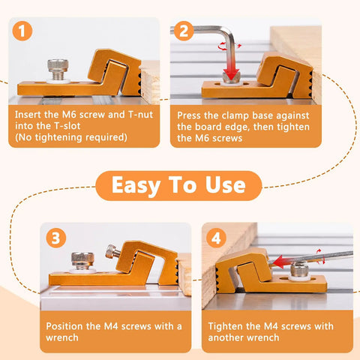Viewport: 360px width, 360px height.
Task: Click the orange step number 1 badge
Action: pos(22,31)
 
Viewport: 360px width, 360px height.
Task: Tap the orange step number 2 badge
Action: pos(184,31)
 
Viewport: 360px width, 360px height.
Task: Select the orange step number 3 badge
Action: pos(56,238)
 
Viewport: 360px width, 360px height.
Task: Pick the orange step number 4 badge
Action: pos(216,238)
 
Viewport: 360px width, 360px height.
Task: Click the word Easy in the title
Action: pos(136,185)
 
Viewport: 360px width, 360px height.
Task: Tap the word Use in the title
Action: pos(226,185)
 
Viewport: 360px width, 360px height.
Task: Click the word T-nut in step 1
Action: pos(140,115)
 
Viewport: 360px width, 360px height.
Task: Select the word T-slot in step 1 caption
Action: pos(67,126)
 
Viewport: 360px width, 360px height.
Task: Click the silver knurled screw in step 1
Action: pos(58,70)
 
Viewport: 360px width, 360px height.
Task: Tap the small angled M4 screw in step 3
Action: pos(111,251)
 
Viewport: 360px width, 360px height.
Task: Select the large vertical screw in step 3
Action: pos(82,261)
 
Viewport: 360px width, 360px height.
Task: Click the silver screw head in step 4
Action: pos(299,270)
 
